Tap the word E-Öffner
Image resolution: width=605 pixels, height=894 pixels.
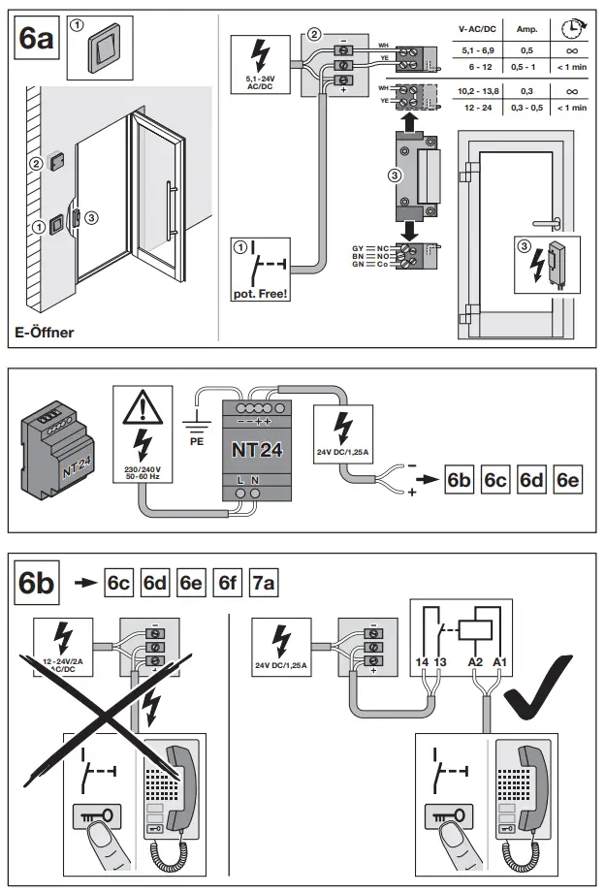[45, 333]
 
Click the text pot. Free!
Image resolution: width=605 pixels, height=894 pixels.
[261, 292]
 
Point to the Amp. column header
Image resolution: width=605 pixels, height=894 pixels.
[526, 31]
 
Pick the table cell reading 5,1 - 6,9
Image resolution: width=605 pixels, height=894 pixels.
[476, 48]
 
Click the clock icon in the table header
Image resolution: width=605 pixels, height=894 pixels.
[572, 29]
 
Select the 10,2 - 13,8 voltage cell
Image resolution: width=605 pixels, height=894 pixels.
[476, 91]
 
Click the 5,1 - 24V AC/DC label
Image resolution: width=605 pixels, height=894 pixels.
[261, 84]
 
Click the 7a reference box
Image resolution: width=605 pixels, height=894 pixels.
[264, 584]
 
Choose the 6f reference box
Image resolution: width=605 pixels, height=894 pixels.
[228, 584]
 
